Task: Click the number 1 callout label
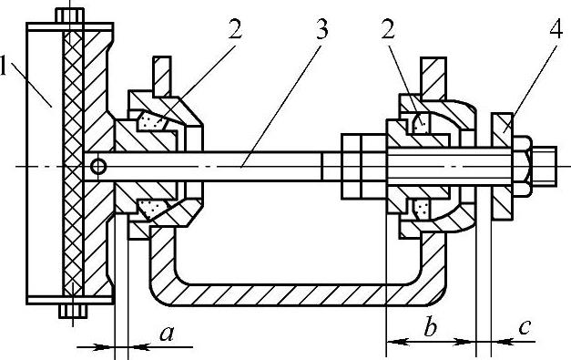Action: coord(4,65)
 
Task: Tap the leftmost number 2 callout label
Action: coord(235,28)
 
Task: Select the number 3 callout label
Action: coord(321,28)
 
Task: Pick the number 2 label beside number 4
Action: coord(388,28)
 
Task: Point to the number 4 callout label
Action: coord(556,28)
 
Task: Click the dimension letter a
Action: coord(167,333)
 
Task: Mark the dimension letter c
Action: coord(525,327)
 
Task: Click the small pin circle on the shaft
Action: coord(98,167)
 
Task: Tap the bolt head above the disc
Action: coord(69,16)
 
